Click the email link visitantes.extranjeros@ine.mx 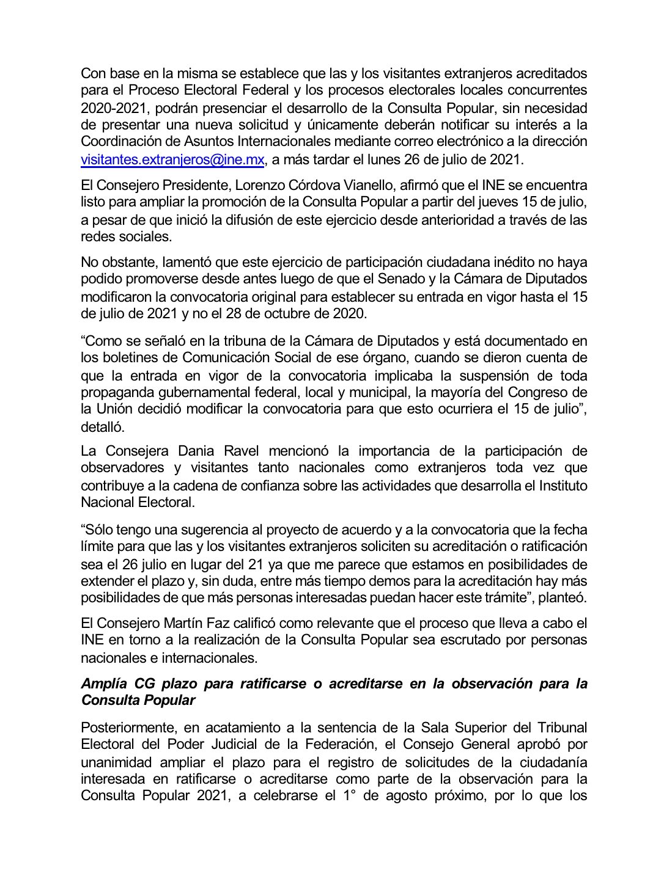(172, 159)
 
